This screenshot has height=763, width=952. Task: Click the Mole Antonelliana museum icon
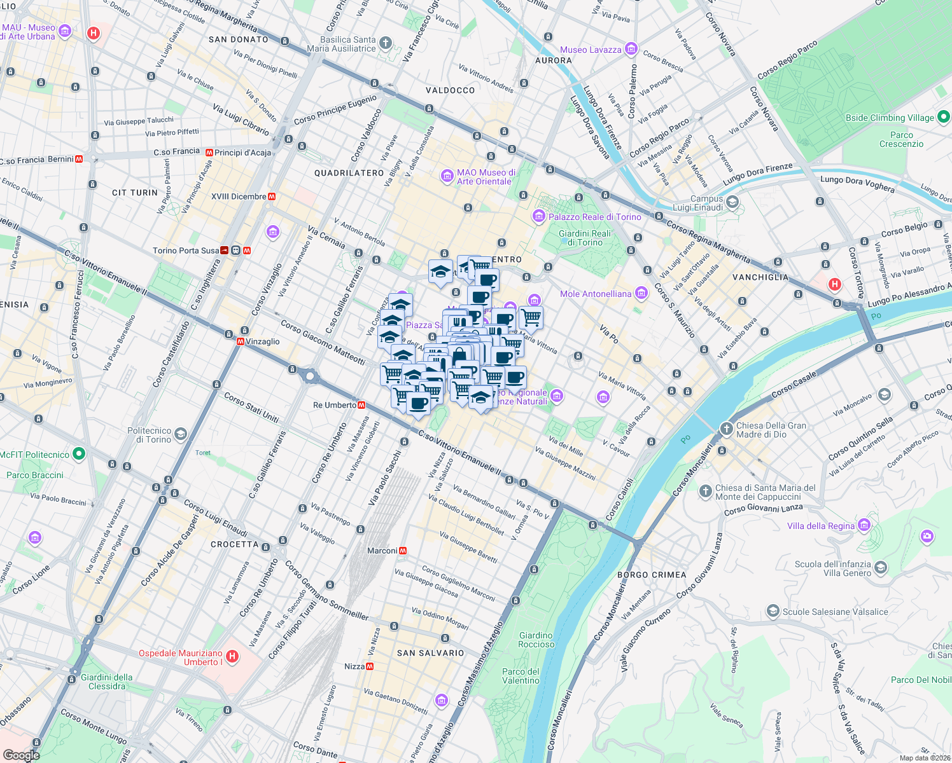pos(641,293)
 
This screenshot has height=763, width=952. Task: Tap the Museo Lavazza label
pos(591,50)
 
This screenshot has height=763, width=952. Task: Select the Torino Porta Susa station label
pos(185,251)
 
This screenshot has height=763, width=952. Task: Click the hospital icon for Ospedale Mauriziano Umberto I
pos(232,656)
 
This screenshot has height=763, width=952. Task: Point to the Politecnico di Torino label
pos(149,435)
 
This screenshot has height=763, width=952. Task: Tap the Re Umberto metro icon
pos(361,405)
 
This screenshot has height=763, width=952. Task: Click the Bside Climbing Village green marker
pos(944,117)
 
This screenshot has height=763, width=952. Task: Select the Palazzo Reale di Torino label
pos(594,217)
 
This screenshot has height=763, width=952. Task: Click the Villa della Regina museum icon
pos(864,525)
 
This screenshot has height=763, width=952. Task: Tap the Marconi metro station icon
pos(403,551)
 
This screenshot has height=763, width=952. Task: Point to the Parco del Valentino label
pos(521,676)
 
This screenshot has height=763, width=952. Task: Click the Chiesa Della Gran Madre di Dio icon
pos(726,429)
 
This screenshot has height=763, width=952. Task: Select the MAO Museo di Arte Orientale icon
pos(447,175)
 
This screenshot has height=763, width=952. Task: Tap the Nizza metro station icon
pos(370,666)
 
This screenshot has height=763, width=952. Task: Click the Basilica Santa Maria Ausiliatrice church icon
pos(385,43)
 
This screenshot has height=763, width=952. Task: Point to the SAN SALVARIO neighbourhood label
pos(431,653)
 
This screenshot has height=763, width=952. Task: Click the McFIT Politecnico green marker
pos(78,454)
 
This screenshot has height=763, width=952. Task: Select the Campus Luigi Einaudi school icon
pos(732,202)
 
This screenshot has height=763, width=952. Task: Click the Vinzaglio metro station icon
pos(240,341)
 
